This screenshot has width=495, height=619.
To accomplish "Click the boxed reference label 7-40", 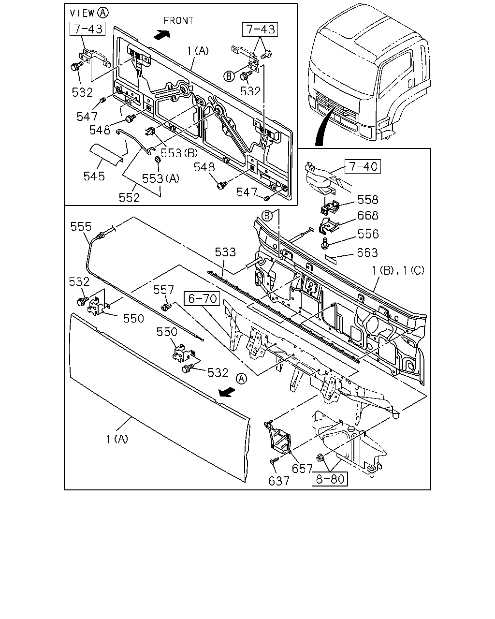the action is pyautogui.click(x=363, y=166).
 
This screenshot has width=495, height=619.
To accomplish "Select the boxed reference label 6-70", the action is pyautogui.click(x=202, y=298).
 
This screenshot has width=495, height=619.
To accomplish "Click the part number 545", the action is pyautogui.click(x=94, y=177).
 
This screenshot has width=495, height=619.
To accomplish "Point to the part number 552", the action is pyautogui.click(x=129, y=198).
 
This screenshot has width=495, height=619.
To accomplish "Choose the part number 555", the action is pyautogui.click(x=81, y=226).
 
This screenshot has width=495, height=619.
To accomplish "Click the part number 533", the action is pyautogui.click(x=225, y=252).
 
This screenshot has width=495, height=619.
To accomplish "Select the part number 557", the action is pyautogui.click(x=163, y=290).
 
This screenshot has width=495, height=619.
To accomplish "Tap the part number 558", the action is pyautogui.click(x=368, y=200).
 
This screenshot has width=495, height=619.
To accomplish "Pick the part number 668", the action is pyautogui.click(x=368, y=216).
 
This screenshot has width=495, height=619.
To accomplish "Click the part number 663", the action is pyautogui.click(x=367, y=252).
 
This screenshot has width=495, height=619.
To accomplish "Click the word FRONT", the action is pyautogui.click(x=178, y=21).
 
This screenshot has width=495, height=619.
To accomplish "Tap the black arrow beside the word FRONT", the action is pyautogui.click(x=161, y=35).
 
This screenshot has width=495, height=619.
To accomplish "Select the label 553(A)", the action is pyautogui.click(x=160, y=178).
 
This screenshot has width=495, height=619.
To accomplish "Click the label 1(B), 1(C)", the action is pyautogui.click(x=398, y=270).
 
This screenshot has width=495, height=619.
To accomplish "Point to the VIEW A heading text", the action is pyautogui.click(x=89, y=13).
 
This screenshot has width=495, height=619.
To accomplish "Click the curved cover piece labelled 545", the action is pyautogui.click(x=106, y=155).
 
